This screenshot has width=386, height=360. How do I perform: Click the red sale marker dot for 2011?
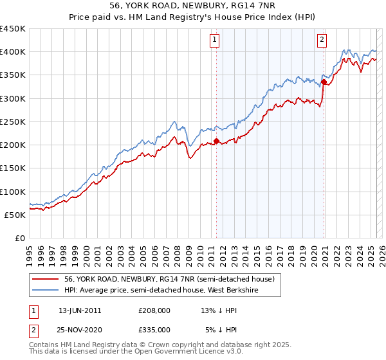(x=216, y=141)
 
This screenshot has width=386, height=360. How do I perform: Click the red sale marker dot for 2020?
(x=324, y=82)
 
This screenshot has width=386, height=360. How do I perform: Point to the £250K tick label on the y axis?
(x=14, y=122)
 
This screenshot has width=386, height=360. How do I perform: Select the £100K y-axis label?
(x=14, y=192)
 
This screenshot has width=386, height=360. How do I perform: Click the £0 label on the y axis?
(x=19, y=238)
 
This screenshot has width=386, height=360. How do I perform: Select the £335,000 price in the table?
(x=154, y=329)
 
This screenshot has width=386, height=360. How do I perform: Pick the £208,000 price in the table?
(x=154, y=310)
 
